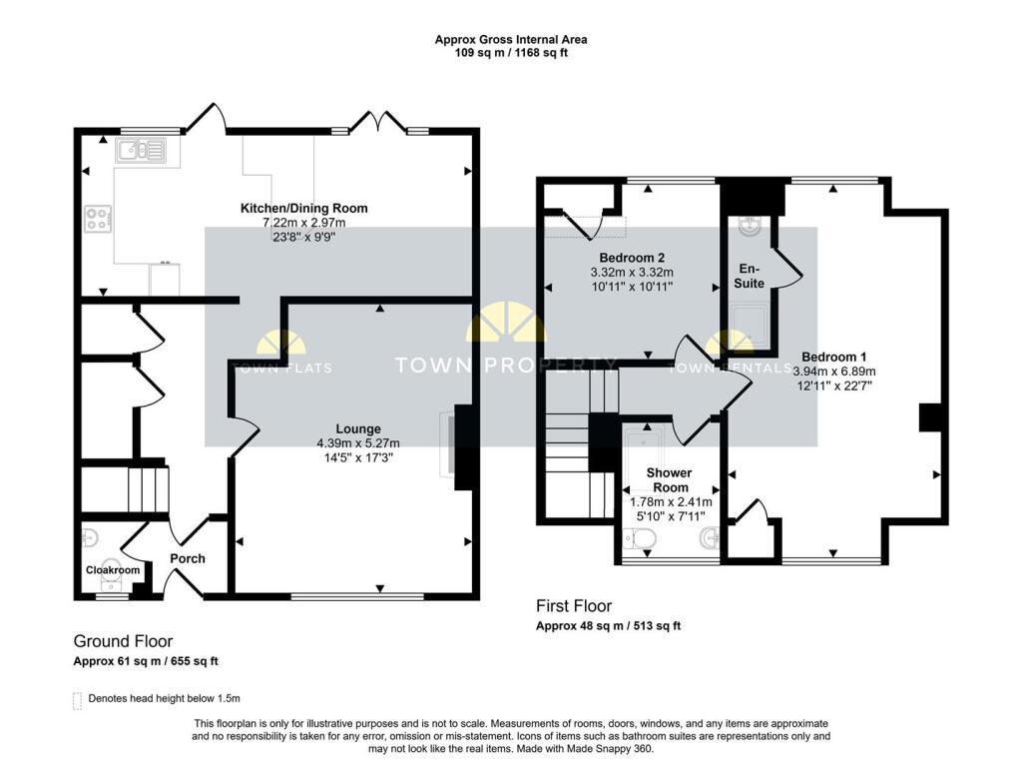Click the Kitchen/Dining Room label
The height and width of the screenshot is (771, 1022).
303,208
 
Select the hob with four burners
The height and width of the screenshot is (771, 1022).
98,218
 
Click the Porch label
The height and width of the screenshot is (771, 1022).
188,558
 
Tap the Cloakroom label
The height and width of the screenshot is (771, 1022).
112,570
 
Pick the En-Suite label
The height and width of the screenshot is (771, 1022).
751,276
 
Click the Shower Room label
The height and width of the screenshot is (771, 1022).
668,479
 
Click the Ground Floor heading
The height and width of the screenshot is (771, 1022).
123,641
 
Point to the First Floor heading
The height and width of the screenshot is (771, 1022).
574,606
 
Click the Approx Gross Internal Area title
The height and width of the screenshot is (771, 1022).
510,40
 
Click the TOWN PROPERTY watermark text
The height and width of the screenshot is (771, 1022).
506,366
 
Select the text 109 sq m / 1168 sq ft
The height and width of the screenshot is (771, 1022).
510,53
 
